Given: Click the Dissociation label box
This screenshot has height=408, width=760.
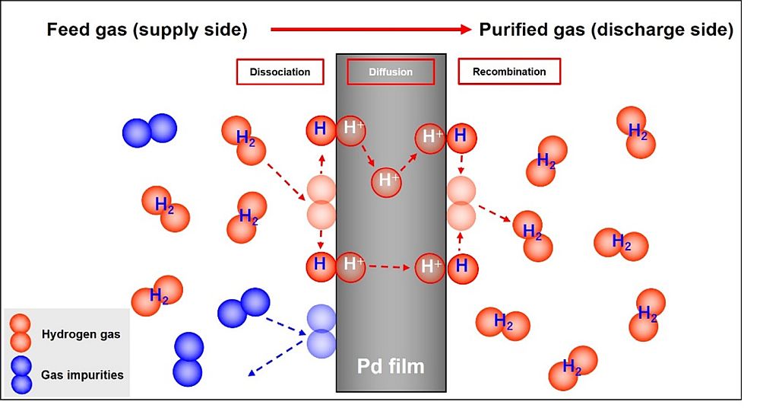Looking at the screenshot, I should [x=280, y=72].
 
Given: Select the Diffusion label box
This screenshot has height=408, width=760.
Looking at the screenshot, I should [x=391, y=72].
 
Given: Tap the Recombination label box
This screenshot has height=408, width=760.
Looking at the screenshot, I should [x=509, y=72].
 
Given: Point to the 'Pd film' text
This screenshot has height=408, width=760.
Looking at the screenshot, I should [x=391, y=366].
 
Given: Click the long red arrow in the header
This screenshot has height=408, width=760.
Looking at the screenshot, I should [x=371, y=30].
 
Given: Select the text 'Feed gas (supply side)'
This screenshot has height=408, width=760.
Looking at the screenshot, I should [x=147, y=30].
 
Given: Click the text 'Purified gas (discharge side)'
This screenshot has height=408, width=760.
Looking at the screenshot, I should [x=606, y=30].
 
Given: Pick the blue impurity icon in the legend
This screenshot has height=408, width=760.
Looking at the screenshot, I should [x=21, y=375].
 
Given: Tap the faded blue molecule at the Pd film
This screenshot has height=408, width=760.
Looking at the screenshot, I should [x=321, y=331].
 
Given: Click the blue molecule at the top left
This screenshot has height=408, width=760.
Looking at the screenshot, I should [x=150, y=130].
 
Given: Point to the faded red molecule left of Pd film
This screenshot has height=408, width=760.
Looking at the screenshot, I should [x=321, y=202].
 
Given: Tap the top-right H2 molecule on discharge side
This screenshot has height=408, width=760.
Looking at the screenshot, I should [x=636, y=132].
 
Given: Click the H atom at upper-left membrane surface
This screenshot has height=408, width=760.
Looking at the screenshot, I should [x=320, y=129].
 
